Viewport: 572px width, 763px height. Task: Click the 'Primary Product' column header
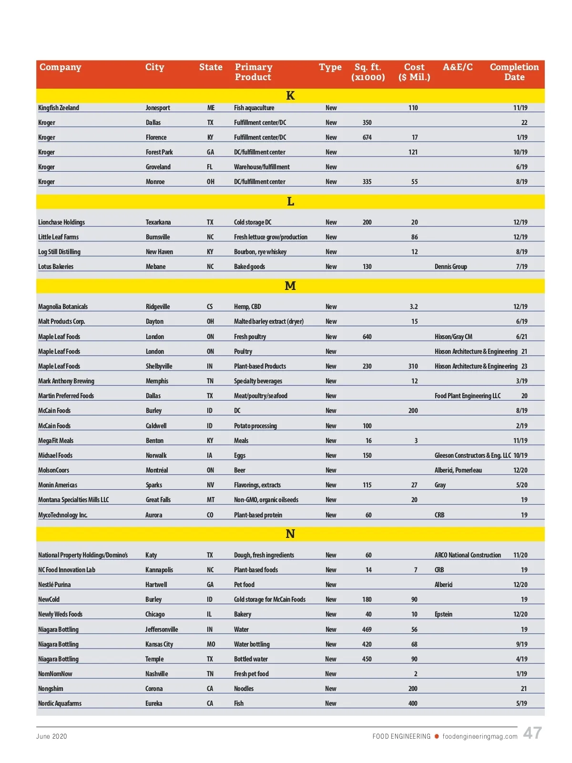(x=254, y=72)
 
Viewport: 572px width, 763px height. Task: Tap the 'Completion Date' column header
(x=514, y=72)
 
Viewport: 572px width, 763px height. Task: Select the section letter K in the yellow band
(x=290, y=96)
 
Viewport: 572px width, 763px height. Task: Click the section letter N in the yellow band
(x=290, y=534)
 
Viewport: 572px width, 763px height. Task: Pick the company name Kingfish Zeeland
(x=59, y=108)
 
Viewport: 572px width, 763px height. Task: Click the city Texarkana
(x=158, y=222)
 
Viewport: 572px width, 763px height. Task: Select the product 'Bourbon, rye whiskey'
(x=260, y=252)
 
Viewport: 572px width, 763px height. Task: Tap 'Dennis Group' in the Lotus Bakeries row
(x=451, y=267)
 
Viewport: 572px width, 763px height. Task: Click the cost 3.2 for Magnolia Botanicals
(x=414, y=307)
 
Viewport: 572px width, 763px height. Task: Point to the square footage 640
(x=367, y=337)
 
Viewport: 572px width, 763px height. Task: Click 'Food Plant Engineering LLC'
(x=468, y=396)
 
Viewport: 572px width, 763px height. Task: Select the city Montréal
(x=157, y=470)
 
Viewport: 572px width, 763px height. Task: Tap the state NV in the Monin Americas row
(x=210, y=485)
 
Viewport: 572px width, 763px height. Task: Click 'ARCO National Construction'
(x=468, y=555)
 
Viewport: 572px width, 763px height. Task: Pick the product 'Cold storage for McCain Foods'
(x=270, y=599)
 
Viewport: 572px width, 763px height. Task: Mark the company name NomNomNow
(x=55, y=674)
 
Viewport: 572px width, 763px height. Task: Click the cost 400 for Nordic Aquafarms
(x=413, y=703)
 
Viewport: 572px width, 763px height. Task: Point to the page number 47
(x=532, y=733)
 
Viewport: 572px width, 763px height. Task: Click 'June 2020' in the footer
(x=51, y=736)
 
